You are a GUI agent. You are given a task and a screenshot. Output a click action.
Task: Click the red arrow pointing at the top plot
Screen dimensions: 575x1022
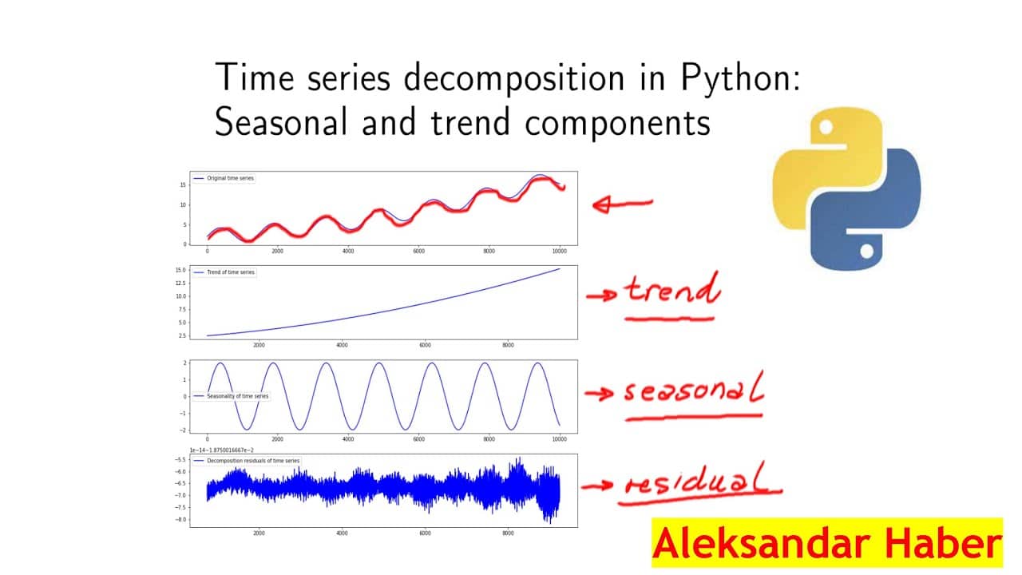point(622,204)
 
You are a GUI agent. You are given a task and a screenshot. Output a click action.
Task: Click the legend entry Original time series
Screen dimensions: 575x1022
point(230,178)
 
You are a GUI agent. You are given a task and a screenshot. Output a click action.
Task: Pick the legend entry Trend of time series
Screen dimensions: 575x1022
point(230,272)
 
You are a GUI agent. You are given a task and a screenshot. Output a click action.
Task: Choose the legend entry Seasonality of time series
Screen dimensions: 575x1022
point(237,396)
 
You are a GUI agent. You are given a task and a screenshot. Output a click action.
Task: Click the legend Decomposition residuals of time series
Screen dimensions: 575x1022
point(252,461)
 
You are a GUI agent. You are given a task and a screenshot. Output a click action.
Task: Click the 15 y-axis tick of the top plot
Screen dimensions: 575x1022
point(183,184)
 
